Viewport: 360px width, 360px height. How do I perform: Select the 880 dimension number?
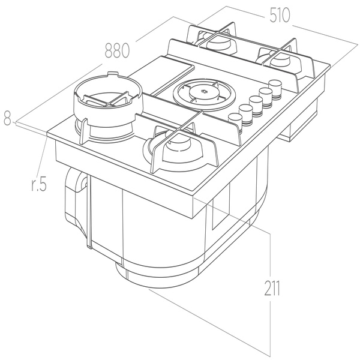pyautogui.click(x=118, y=51)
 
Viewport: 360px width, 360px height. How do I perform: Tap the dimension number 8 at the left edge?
pyautogui.click(x=7, y=120)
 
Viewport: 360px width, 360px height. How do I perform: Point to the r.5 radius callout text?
pyautogui.click(x=37, y=184)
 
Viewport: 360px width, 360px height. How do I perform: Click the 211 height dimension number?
pyautogui.click(x=272, y=289)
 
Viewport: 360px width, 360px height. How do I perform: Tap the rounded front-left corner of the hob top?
pyautogui.click(x=48, y=137)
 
